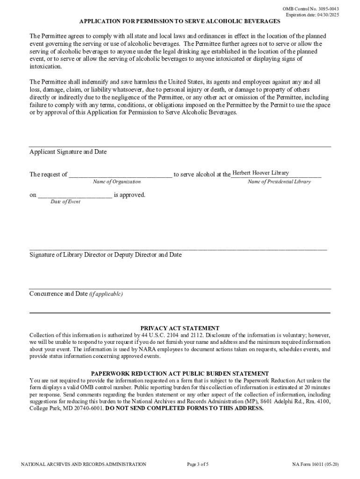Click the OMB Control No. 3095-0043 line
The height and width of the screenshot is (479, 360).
(311, 9)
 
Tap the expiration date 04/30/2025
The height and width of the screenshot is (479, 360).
(312, 15)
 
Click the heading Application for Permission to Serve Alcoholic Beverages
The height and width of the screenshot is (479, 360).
(180, 22)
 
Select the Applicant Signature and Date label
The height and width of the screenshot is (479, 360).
(68, 152)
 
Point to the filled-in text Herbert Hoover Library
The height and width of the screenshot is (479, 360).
(261, 173)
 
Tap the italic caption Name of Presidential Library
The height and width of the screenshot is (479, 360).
(279, 182)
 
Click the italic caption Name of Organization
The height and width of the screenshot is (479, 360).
(116, 182)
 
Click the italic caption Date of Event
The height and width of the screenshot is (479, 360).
(65, 202)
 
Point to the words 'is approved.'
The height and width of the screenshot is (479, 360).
(130, 195)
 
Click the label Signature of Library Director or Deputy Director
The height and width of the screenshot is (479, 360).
(105, 255)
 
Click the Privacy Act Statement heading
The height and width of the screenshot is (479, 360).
(180, 328)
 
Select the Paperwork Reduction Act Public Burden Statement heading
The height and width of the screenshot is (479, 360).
(180, 374)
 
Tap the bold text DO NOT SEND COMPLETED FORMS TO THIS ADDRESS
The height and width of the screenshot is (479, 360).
(184, 408)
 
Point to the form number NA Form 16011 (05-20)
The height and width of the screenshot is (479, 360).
(315, 464)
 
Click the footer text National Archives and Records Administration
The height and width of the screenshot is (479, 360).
(84, 464)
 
